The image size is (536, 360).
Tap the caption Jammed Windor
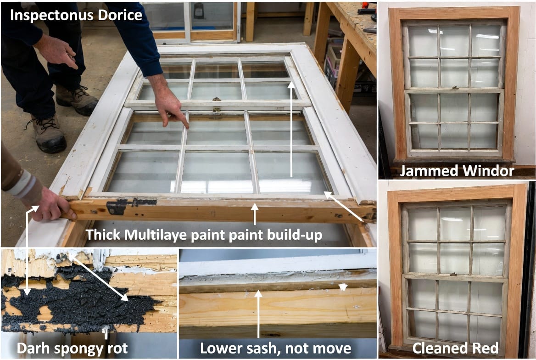457,171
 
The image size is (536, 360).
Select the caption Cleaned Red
455,348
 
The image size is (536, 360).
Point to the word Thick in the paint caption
103,235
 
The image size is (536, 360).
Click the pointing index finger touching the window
171,106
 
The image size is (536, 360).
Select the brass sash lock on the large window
217,104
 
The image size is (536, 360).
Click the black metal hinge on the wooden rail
118,206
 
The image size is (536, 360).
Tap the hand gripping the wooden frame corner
52,205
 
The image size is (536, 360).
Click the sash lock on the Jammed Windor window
454,88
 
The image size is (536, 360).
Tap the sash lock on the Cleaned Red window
453,274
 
